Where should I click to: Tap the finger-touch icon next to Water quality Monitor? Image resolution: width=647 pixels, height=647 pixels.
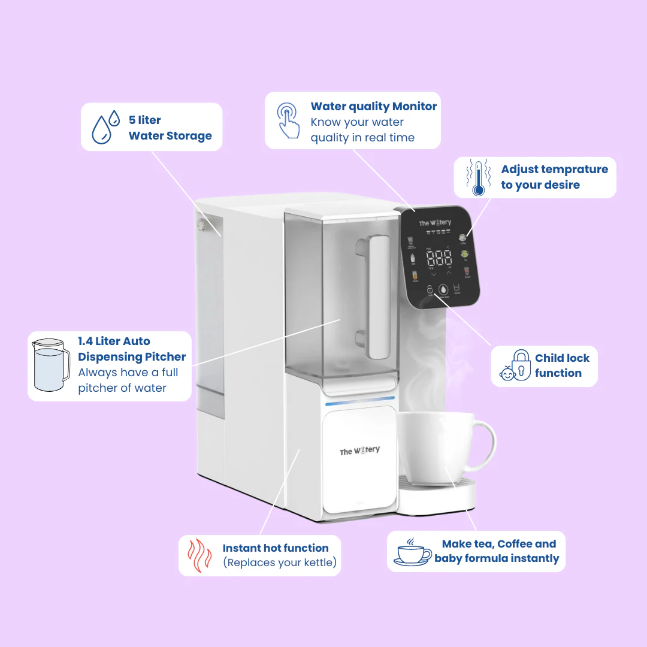pos(288,120)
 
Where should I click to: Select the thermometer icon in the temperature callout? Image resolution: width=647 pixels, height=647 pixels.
pos(478,177)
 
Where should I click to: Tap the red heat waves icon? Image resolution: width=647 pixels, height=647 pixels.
pos(200,555)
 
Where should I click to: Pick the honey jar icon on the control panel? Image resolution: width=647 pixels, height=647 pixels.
pos(415,276)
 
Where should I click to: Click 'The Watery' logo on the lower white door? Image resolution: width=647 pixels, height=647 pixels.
pos(359,451)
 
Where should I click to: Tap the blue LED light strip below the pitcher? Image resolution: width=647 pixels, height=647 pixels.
pos(359,398)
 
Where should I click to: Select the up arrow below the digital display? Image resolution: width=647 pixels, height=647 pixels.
pos(449,273)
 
